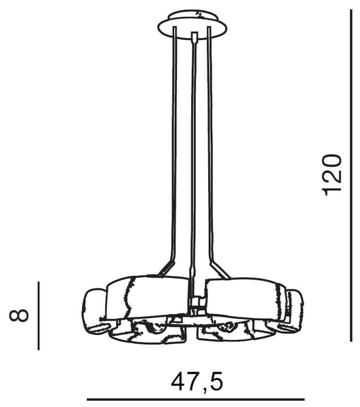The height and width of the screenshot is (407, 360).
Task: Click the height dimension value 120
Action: [332, 174]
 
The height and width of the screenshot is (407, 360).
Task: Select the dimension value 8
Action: [20, 315]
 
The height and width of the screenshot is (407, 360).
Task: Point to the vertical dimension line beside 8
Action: [39, 315]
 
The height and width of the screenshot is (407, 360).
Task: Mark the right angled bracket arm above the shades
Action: [218, 267]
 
